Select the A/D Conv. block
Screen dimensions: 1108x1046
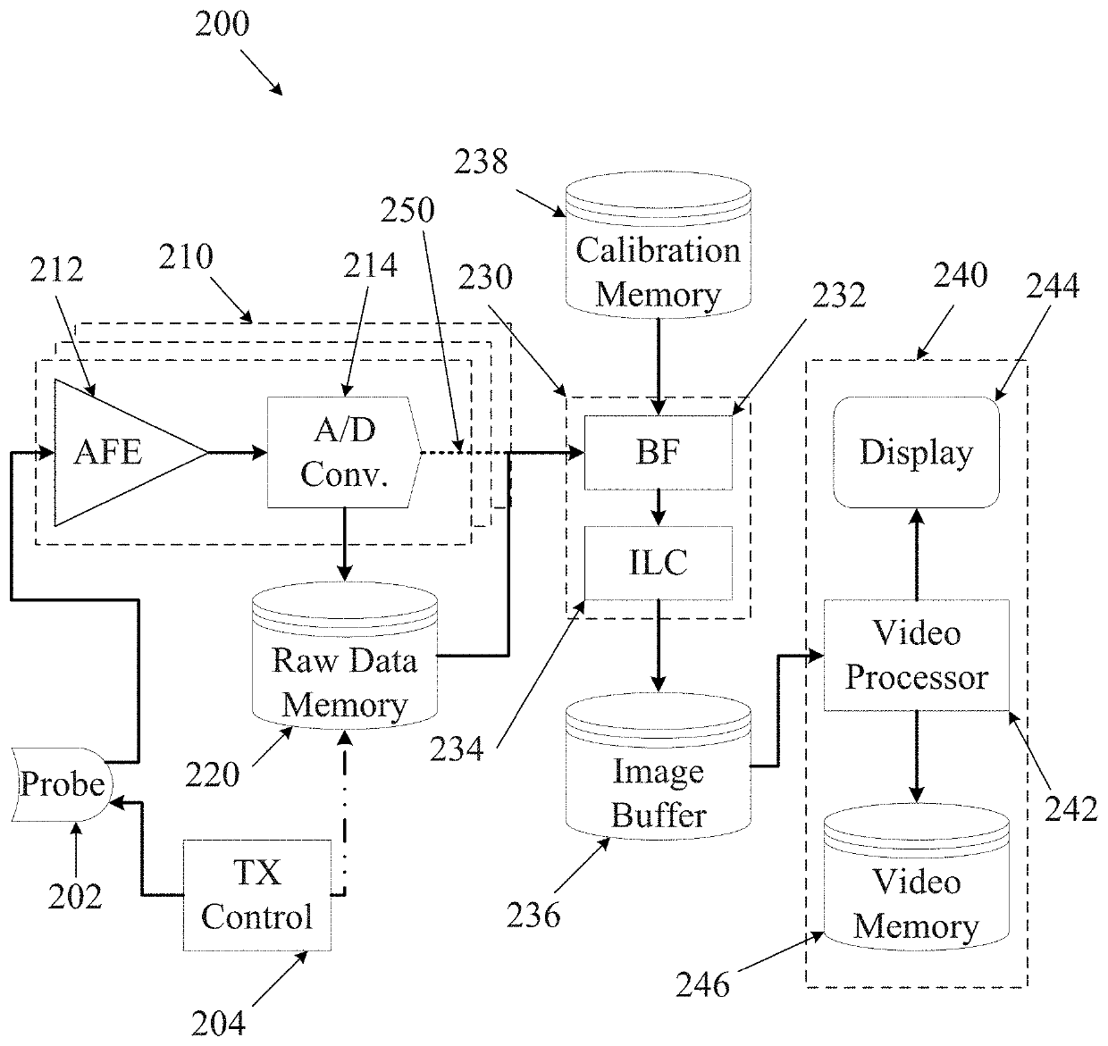[x=344, y=452]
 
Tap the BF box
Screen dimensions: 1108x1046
[x=659, y=452]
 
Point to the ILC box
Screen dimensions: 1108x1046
[x=659, y=563]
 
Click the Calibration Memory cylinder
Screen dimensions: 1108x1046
[x=659, y=246]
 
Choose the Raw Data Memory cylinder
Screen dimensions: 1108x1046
[x=345, y=656]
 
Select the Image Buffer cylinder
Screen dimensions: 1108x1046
[x=659, y=766]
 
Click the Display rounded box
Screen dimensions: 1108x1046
[x=916, y=452]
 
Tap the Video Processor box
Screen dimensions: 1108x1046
[x=917, y=656]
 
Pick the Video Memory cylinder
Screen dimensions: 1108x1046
[x=917, y=877]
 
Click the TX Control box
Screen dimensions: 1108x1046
[x=257, y=896]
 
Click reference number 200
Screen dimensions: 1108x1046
[x=222, y=24]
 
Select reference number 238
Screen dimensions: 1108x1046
[x=481, y=162]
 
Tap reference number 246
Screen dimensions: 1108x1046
[x=702, y=984]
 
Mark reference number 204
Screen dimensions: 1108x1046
[x=218, y=1023]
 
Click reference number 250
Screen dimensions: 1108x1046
[x=407, y=210]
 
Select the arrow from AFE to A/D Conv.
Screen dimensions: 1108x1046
[x=238, y=452]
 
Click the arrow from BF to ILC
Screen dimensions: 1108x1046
[x=659, y=508]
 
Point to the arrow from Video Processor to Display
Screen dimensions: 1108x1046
[x=917, y=554]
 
